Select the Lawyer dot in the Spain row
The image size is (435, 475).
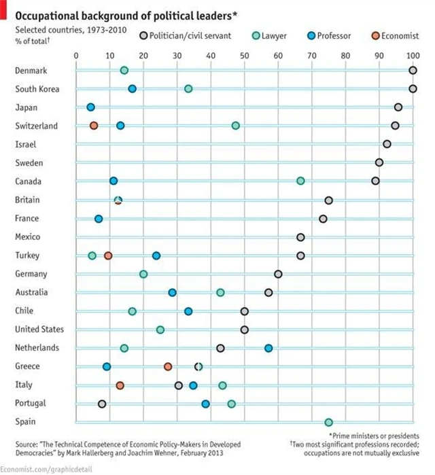point(328,422)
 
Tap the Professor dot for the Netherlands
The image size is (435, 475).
point(268,348)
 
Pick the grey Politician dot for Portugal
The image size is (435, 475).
point(102,404)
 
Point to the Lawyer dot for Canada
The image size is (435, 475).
point(300,181)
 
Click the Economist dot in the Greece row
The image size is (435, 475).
point(168,366)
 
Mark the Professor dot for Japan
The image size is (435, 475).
point(90,107)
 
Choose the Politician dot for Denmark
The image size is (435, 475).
point(413,70)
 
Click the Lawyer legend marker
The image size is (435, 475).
point(256,35)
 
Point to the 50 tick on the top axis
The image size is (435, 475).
point(244,55)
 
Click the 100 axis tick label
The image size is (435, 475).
point(413,55)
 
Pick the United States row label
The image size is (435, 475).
point(39,330)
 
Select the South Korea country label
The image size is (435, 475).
point(37,89)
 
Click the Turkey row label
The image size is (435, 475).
point(27,256)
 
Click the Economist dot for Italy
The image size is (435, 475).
point(120,385)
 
